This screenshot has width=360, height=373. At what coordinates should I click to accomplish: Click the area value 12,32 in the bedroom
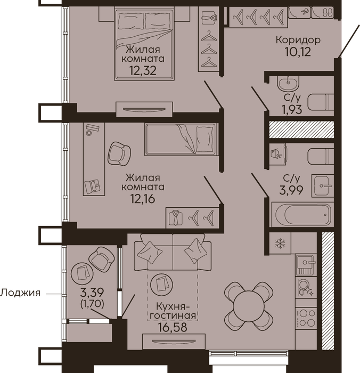[143, 70]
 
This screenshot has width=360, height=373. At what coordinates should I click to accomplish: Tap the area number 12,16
[143, 199]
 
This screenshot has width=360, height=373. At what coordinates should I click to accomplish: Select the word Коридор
[298, 40]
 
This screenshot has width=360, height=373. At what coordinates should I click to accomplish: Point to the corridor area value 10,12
[298, 52]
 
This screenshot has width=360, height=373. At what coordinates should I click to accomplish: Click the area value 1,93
[292, 110]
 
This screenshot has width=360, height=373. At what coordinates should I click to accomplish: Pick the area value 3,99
[291, 190]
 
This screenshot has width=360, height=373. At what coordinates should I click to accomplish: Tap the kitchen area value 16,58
[173, 327]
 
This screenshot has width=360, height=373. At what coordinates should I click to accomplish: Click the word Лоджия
[20, 293]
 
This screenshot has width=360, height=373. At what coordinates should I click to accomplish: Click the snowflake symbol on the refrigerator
[280, 244]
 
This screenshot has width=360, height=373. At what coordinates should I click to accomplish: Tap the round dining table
[249, 306]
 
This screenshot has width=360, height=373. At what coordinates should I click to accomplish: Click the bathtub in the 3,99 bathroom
[302, 214]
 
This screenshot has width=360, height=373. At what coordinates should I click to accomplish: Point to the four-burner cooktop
[306, 318]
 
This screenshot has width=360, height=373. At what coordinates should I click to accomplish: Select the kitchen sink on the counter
[306, 264]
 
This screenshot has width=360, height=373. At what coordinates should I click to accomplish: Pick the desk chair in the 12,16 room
[119, 153]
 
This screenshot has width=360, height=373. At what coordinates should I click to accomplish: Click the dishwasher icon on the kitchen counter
[306, 287]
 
